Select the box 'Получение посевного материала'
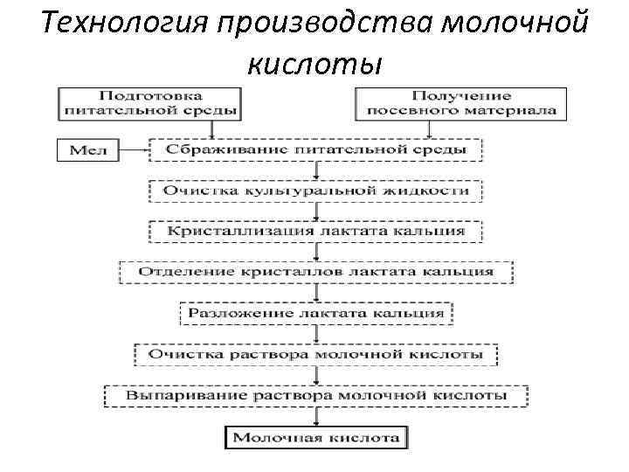(461, 102)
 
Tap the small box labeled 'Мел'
(87, 150)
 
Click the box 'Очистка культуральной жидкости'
(315, 190)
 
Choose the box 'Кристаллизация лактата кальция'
(315, 231)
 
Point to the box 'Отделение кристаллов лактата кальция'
(315, 271)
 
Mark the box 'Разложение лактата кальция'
(315, 312)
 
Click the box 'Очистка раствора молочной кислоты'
(315, 354)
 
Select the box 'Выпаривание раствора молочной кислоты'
(315, 395)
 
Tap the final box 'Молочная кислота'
(316, 437)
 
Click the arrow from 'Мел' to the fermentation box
(133, 150)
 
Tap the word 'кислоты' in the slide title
(314, 63)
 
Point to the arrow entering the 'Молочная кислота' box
(316, 417)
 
